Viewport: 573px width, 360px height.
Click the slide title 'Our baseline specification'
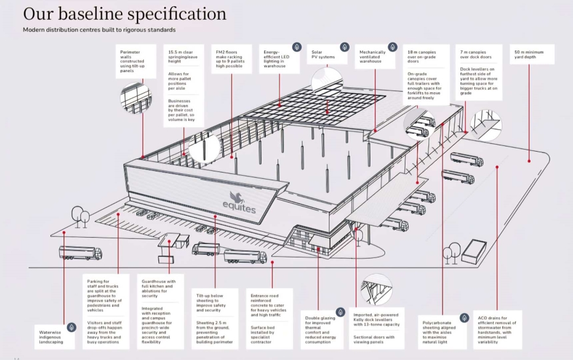(125, 14)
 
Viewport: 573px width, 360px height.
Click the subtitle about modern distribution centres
(99, 30)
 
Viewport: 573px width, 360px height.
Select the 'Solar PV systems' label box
(327, 55)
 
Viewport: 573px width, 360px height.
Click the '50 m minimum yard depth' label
(532, 55)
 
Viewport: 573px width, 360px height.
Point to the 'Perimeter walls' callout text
(132, 61)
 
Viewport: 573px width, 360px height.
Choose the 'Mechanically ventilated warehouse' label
(372, 57)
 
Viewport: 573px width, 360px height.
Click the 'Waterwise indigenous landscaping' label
(51, 337)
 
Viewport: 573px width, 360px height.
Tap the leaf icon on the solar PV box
(344, 47)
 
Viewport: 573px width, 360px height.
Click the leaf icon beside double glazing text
(340, 312)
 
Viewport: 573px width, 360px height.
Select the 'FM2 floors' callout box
(232, 59)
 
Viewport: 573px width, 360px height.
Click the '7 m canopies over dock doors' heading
(476, 55)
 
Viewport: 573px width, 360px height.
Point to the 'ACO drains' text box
(497, 330)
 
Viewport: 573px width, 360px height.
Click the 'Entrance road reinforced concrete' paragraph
(269, 305)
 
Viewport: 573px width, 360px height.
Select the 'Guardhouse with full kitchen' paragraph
(159, 289)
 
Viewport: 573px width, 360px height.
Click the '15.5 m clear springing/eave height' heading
(183, 57)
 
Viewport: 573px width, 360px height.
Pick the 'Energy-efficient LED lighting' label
(276, 59)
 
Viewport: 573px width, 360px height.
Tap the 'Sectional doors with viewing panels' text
(374, 340)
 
